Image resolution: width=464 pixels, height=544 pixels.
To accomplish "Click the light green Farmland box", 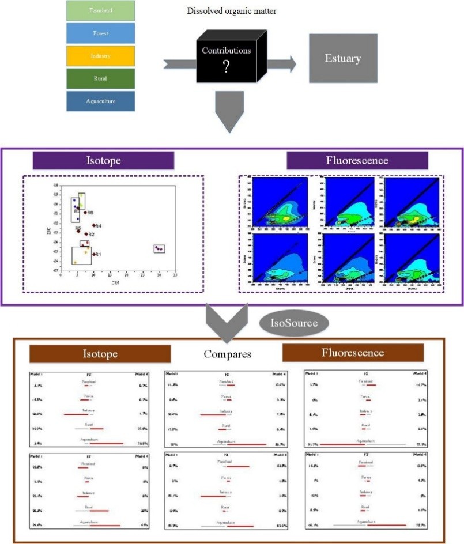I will click(x=100, y=10).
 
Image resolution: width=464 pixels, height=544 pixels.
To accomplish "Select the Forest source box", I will click(x=100, y=33).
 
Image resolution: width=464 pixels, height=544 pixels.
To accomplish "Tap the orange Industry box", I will click(x=100, y=56).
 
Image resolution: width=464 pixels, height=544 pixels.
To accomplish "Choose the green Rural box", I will click(x=100, y=78).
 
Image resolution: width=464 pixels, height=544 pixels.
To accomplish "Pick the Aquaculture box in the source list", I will click(x=100, y=101).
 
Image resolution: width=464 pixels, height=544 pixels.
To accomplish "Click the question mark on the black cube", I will click(x=226, y=67).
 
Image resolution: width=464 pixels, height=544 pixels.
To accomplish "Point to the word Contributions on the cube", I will click(x=226, y=51).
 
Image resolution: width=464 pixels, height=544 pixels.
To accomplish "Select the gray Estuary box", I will click(x=343, y=59).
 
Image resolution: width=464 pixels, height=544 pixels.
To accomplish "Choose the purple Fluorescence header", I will click(x=357, y=161).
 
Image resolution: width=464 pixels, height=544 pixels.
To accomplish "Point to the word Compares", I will click(x=228, y=354).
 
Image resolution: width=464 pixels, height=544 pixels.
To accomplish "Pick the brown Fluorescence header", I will click(x=352, y=352).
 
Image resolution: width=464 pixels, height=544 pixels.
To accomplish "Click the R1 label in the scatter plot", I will click(x=98, y=254).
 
